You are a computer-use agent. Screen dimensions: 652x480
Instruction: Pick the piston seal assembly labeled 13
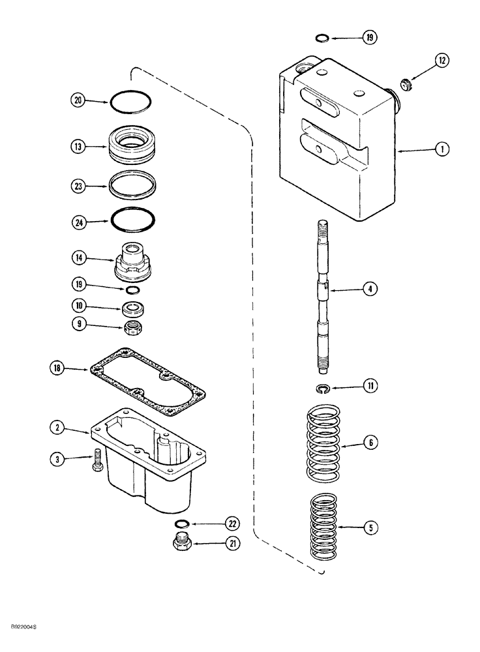(x=134, y=148)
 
